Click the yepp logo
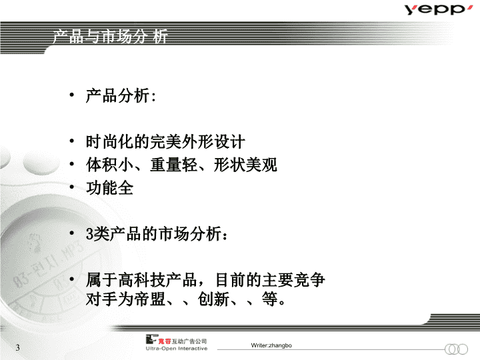point(438,9)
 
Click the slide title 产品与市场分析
point(110,37)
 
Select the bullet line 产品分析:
point(121,96)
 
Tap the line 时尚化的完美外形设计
point(165,142)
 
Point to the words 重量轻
point(173,165)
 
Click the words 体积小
point(109,165)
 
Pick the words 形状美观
point(245,165)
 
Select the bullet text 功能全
point(109,187)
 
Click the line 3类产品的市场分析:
point(157,234)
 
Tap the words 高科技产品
point(157,280)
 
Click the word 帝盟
point(150,299)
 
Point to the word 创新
point(214,299)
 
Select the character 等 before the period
point(270,299)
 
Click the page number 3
point(18,347)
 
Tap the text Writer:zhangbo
point(271,345)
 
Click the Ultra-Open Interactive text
point(177,349)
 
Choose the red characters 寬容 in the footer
point(165,341)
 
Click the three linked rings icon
point(456,349)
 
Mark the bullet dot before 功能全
point(71,187)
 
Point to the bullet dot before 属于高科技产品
point(71,279)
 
